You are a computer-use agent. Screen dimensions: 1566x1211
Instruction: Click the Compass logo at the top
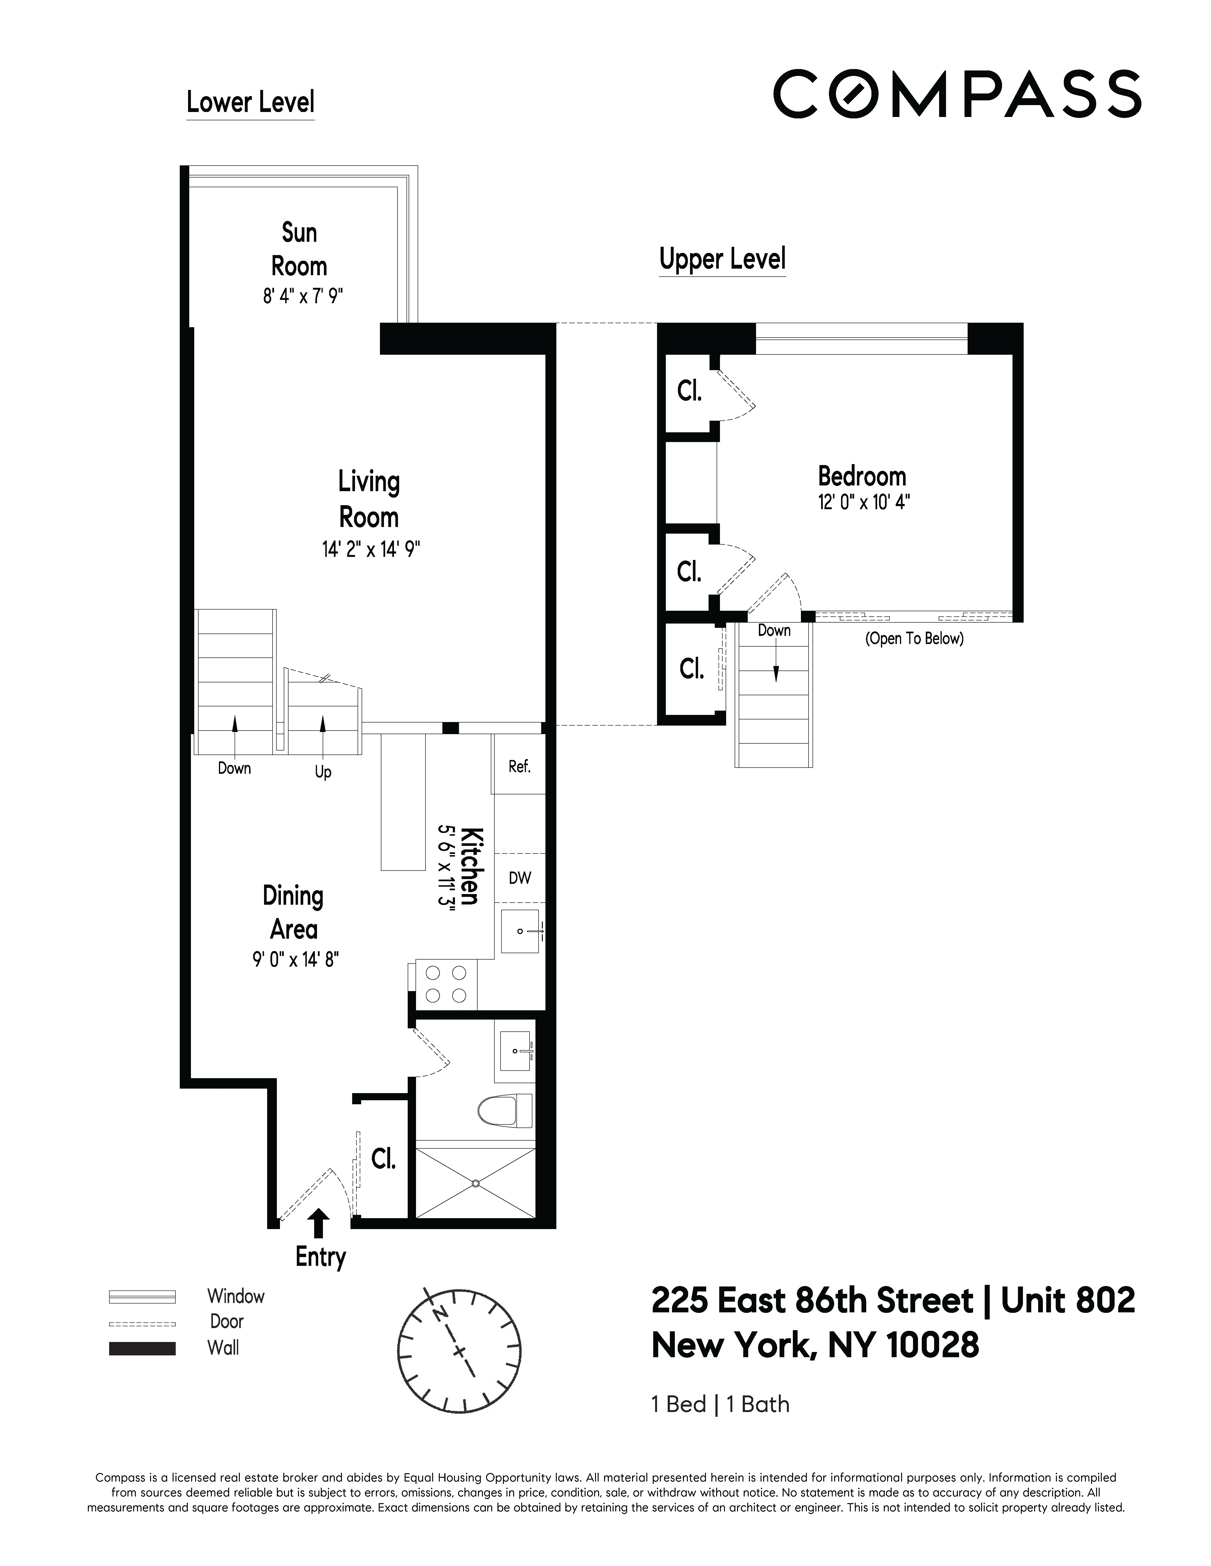(956, 94)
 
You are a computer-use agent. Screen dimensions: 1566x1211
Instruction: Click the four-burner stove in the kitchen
(445, 984)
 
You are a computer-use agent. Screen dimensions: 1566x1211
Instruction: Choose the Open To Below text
(914, 638)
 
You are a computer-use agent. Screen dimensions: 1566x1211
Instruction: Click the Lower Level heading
(250, 102)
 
